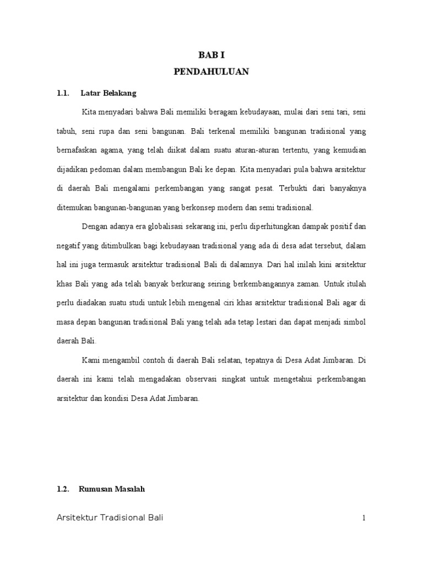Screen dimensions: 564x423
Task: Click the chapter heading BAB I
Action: (x=211, y=55)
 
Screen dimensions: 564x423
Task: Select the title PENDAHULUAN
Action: (x=211, y=72)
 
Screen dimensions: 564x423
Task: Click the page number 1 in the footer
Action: (x=364, y=518)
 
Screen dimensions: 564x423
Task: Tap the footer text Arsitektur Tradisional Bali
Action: (x=110, y=518)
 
